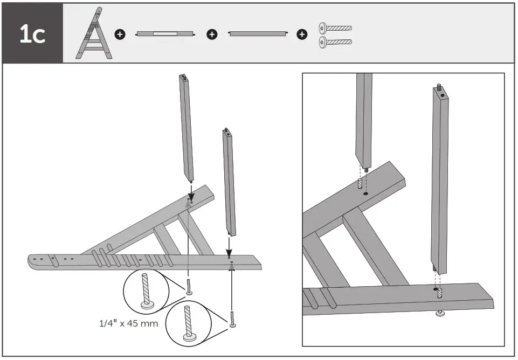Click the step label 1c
click(x=32, y=34)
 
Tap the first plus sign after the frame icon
click(x=120, y=34)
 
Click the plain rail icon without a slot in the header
click(x=257, y=34)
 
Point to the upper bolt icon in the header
click(x=335, y=27)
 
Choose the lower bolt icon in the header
click(x=335, y=41)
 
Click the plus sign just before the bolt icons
click(x=302, y=34)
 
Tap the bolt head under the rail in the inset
click(x=439, y=313)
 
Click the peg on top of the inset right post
click(x=440, y=86)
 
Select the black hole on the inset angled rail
click(x=365, y=193)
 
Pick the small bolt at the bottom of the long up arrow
click(x=232, y=320)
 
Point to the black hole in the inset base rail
click(x=435, y=289)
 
